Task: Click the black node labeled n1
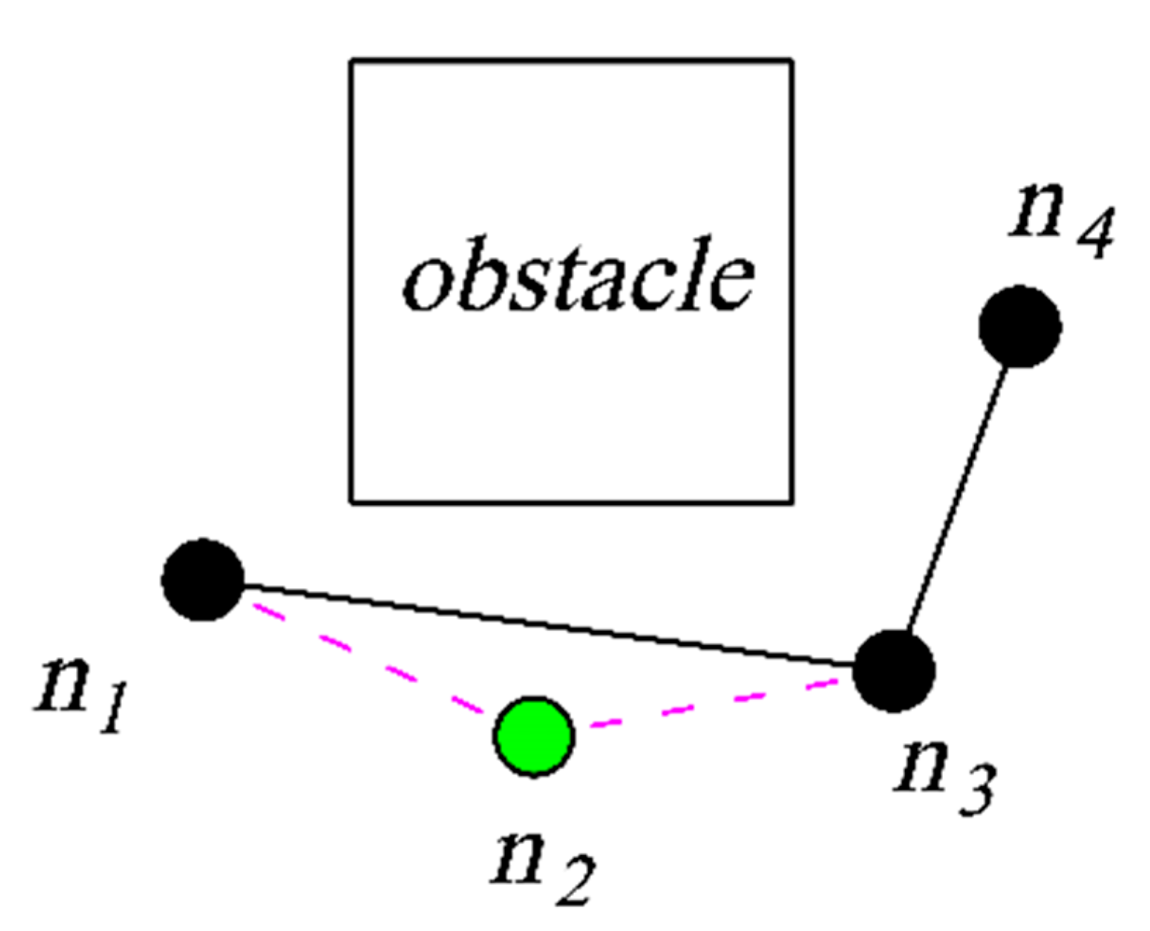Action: (203, 579)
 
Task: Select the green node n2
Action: (534, 736)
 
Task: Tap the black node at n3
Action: (894, 670)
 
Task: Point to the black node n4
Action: (1020, 326)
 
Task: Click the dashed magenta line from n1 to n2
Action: (366, 659)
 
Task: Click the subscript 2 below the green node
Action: (571, 880)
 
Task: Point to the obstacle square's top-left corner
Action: (352, 61)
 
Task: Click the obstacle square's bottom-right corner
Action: (792, 501)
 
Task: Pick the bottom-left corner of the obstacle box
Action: (352, 501)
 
